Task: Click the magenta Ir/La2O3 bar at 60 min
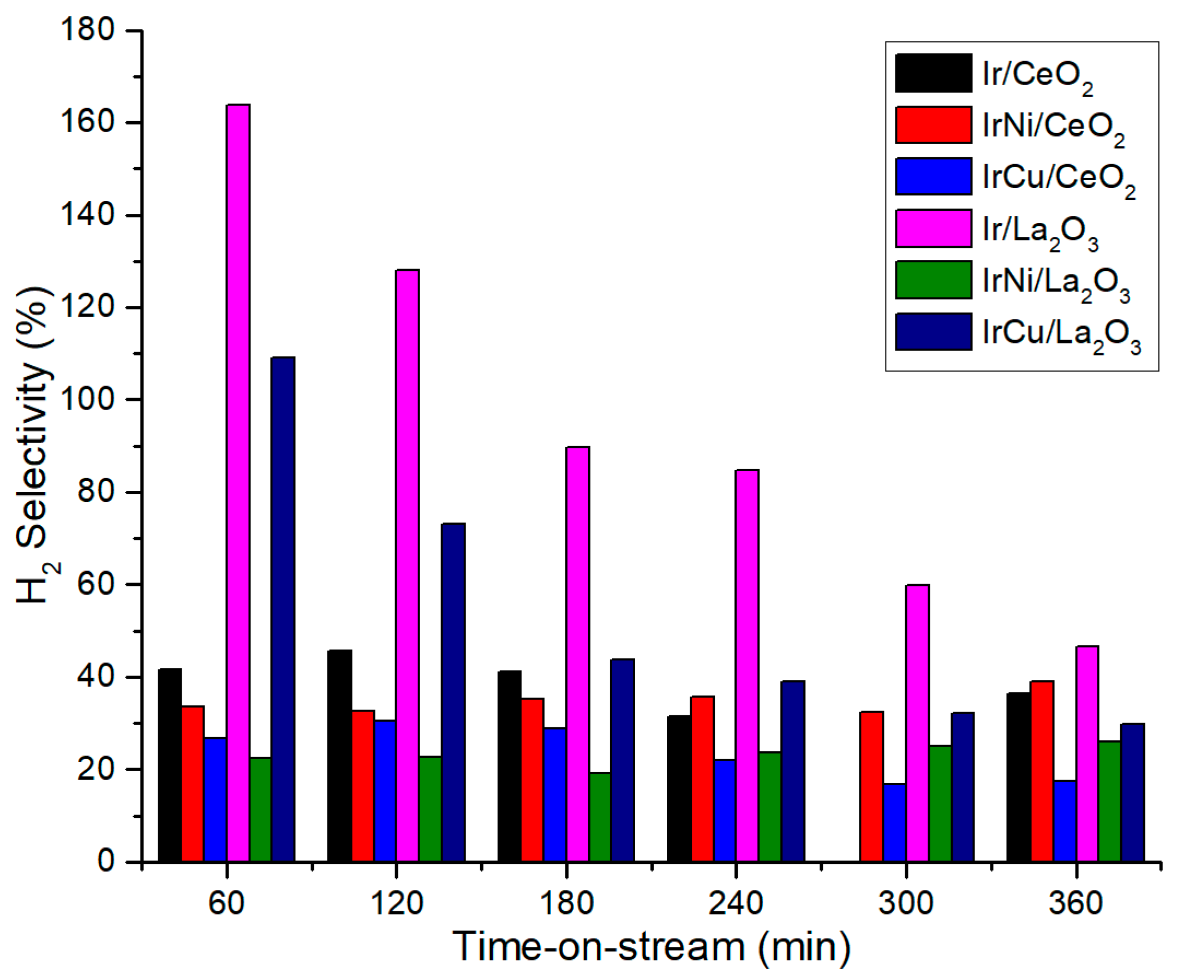point(238,482)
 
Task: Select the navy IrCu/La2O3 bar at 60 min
point(283,608)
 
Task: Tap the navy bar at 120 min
point(453,692)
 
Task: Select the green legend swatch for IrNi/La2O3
point(933,280)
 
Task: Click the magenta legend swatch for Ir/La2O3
point(933,228)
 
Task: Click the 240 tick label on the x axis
point(736,903)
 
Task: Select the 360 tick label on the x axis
point(1076,903)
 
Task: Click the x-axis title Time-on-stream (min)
point(652,947)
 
